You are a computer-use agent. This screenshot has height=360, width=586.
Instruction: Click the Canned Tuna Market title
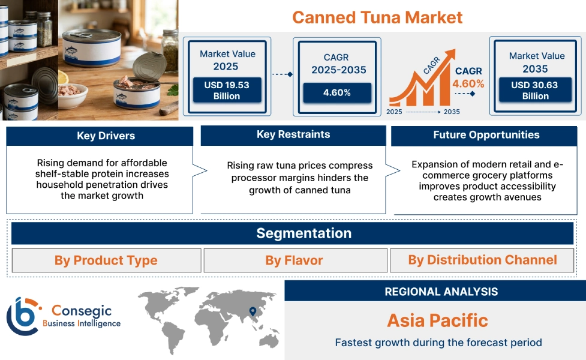377,17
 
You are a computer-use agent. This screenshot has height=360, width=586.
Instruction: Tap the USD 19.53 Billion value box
226,90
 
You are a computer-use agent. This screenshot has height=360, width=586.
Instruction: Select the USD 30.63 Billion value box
534,90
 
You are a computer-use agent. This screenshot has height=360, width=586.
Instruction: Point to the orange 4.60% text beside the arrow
468,83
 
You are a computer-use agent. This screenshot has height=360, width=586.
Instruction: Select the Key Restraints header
293,135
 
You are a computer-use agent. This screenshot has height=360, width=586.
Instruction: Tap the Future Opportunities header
486,136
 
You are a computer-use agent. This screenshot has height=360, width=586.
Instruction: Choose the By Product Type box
106,260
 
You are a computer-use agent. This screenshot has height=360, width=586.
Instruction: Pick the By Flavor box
294,260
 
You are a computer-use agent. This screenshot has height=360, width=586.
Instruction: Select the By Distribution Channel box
482,260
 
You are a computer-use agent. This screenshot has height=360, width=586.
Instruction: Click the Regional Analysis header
441,292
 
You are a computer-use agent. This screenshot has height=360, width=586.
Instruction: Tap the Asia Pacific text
437,320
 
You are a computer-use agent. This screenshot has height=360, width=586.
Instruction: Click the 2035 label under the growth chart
451,112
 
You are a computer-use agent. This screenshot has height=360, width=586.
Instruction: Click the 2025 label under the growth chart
395,112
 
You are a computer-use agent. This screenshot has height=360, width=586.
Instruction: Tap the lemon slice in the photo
63,78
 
